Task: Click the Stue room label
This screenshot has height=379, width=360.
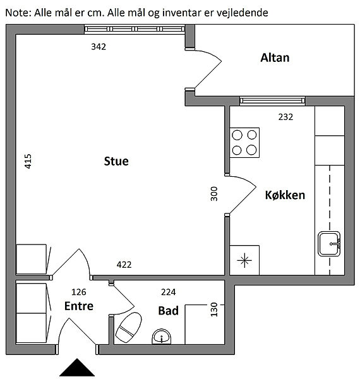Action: [116, 161]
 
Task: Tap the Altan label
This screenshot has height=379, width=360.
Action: [275, 57]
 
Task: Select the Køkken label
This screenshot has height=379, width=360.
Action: [285, 195]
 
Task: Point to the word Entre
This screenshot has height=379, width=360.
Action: [79, 306]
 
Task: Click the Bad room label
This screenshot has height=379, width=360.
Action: [169, 311]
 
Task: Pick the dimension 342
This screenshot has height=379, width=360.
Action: [99, 47]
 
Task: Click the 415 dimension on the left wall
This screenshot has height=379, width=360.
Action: [28, 161]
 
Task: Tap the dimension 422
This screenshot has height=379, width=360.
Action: [124, 265]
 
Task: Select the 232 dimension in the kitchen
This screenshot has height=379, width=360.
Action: [285, 117]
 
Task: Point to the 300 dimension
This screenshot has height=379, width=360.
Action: [214, 194]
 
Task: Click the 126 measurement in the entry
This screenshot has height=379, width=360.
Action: [79, 292]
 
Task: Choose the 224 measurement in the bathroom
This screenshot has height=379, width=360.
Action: [169, 292]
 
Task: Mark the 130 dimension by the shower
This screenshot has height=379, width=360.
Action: [214, 310]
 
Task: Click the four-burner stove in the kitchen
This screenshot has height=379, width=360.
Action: [244, 143]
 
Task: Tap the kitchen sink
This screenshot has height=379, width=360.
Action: [329, 244]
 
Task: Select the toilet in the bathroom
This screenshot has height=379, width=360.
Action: [129, 327]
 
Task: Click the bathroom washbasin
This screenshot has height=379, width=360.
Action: [162, 336]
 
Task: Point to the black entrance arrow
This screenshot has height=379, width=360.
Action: [77, 368]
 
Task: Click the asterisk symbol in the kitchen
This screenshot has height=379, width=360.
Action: [244, 260]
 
